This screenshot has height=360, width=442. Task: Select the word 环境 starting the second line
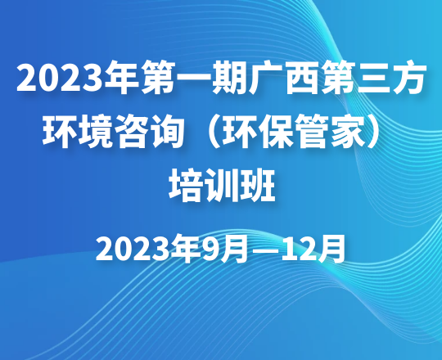click(77, 131)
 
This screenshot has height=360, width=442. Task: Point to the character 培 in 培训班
click(186, 186)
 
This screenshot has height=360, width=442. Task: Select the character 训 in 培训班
click(221, 186)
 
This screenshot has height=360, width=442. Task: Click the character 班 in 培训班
click(257, 186)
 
